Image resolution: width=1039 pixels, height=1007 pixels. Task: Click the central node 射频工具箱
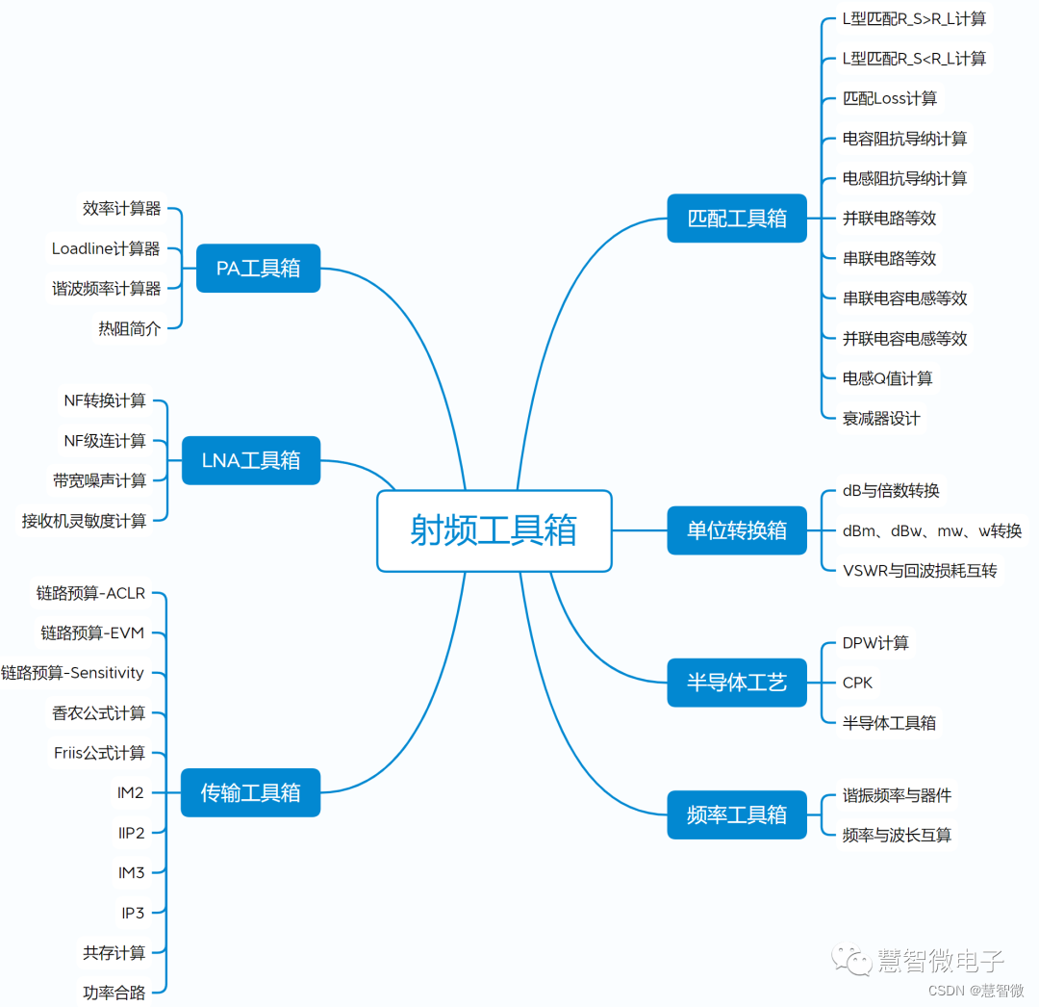(x=494, y=530)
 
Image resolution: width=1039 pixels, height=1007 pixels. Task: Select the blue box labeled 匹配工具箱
(x=737, y=219)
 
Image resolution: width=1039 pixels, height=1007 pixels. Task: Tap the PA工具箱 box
(x=258, y=269)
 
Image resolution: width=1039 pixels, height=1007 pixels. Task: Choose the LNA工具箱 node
(x=250, y=460)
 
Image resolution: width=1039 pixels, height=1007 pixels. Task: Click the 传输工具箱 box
(x=250, y=793)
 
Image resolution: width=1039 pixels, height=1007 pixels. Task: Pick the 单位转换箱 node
(x=737, y=530)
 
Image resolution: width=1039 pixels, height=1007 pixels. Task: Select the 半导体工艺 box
(x=737, y=683)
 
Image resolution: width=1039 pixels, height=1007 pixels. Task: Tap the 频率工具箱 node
(x=737, y=815)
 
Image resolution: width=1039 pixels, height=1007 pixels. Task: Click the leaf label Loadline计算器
(x=106, y=248)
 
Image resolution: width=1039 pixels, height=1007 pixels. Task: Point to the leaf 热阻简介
(x=129, y=328)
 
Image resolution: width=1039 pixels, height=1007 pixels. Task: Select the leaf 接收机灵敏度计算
(x=85, y=521)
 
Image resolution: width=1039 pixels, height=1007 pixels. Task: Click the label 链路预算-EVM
(x=92, y=633)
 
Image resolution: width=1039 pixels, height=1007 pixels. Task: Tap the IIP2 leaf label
(x=132, y=833)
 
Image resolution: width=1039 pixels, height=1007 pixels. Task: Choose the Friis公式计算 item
(x=99, y=753)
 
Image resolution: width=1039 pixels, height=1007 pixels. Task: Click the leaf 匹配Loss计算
(x=890, y=98)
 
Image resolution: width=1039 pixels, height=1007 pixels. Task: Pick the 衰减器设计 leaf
(x=881, y=419)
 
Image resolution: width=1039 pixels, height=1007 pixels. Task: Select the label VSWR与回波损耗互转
(x=920, y=571)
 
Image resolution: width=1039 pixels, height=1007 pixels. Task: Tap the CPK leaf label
(x=858, y=683)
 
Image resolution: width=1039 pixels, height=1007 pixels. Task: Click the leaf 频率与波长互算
(x=898, y=836)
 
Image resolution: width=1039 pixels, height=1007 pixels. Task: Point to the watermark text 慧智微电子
(x=941, y=960)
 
